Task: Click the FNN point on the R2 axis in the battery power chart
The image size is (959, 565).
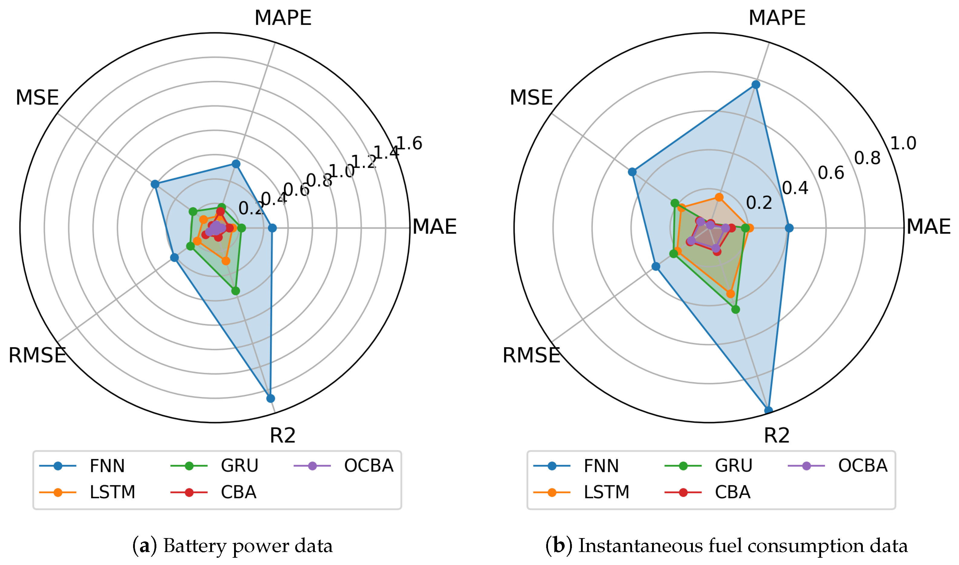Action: (x=270, y=399)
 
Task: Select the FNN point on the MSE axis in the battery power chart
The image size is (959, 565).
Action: (x=155, y=184)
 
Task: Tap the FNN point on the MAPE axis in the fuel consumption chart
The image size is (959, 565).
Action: (x=755, y=85)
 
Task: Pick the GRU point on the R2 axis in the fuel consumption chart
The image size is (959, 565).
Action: (x=736, y=309)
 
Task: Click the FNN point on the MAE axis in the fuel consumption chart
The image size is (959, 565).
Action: (x=789, y=228)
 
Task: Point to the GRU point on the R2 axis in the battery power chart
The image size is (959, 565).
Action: (x=236, y=291)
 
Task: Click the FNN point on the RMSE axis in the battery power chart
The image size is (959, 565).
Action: (x=174, y=258)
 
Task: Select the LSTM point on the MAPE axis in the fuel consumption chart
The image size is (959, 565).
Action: (x=719, y=197)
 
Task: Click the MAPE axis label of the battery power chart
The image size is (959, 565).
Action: (x=283, y=18)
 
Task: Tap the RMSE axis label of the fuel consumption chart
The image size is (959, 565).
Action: (x=531, y=355)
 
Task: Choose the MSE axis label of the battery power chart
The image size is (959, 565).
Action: (x=37, y=98)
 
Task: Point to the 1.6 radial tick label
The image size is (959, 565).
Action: (x=409, y=144)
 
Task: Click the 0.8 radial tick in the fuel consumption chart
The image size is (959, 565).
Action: (x=867, y=158)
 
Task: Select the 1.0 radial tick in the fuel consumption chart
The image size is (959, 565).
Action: (x=903, y=143)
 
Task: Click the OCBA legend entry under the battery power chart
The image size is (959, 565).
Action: (x=368, y=466)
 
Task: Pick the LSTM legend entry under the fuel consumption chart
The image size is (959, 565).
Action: (x=606, y=492)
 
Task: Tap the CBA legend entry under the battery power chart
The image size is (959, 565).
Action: (x=238, y=492)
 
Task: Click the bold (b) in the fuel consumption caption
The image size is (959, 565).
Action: (x=559, y=546)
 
